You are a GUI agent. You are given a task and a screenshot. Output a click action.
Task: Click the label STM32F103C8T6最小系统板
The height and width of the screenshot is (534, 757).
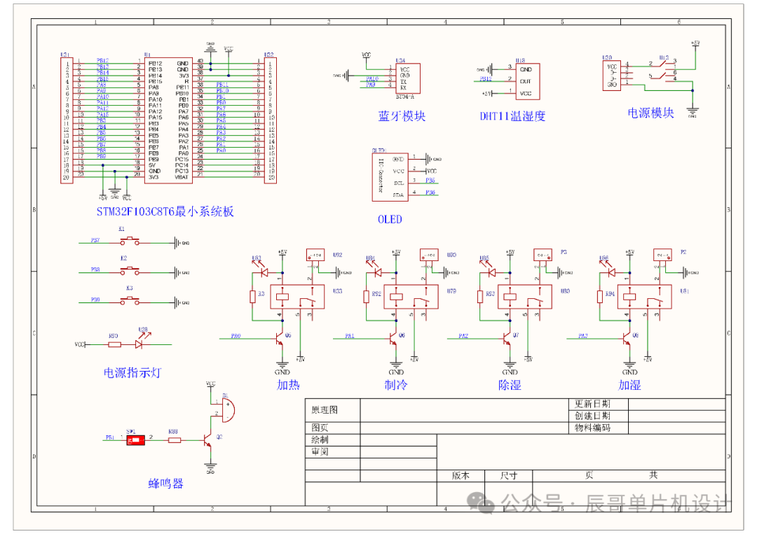click(x=165, y=211)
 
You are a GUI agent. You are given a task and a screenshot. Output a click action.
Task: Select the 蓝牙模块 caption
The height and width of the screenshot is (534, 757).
click(x=402, y=116)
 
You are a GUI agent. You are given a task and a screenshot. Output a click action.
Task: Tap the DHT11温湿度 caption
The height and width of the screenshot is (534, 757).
click(x=512, y=116)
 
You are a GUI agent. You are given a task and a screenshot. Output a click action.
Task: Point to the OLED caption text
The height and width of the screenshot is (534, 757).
click(x=390, y=219)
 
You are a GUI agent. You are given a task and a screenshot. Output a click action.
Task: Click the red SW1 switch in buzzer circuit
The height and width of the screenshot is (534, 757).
click(x=137, y=440)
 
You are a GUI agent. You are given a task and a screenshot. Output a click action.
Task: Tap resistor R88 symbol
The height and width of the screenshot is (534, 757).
click(x=174, y=440)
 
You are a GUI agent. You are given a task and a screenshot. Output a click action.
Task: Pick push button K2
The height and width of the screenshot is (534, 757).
click(x=129, y=269)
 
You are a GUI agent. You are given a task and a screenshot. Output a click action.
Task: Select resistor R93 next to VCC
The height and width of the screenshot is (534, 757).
click(x=114, y=344)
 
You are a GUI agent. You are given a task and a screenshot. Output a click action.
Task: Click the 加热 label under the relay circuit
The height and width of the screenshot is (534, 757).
click(x=287, y=385)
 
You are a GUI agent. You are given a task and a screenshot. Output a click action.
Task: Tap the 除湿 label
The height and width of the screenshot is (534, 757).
click(x=510, y=385)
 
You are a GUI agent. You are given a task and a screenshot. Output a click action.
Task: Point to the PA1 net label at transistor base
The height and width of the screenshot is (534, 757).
click(x=349, y=337)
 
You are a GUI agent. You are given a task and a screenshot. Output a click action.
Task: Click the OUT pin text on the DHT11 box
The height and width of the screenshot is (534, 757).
click(x=525, y=81)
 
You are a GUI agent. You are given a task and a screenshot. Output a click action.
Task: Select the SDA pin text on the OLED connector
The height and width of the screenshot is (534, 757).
click(x=399, y=195)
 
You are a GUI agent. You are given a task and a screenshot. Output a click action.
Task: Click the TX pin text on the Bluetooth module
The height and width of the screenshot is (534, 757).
click(x=403, y=81)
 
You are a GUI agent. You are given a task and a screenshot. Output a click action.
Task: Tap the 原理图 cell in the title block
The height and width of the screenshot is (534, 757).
click(x=325, y=409)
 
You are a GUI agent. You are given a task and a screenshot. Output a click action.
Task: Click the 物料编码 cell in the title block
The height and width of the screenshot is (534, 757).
click(x=592, y=428)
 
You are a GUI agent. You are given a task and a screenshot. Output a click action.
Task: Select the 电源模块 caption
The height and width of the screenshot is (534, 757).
click(x=651, y=113)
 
